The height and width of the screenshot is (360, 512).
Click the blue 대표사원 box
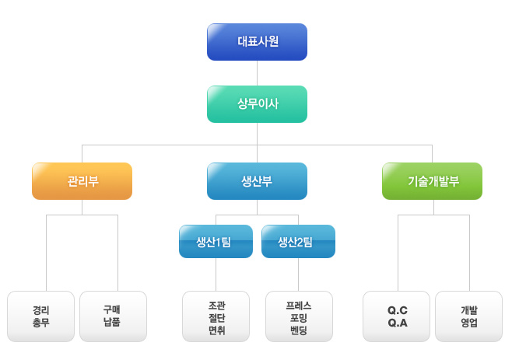pos(257,42)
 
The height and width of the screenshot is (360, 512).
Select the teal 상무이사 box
pos(257,104)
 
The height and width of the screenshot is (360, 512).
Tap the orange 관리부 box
pos(82,181)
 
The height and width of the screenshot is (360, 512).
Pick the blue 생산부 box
pos(257,181)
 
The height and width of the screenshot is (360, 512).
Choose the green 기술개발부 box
pos(432,181)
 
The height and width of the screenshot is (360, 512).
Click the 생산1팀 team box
pos(216,241)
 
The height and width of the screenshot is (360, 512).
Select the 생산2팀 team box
pos(298,241)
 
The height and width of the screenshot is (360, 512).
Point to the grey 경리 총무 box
pos(40,316)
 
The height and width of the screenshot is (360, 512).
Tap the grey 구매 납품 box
pos(113,316)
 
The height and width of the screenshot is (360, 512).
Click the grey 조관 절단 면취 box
pos(216,316)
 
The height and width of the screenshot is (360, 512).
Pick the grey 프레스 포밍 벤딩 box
pos(298,316)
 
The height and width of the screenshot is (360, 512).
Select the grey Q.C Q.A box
pos(397,316)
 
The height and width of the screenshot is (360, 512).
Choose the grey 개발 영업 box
pos(468,316)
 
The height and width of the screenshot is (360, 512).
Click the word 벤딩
pos(298,330)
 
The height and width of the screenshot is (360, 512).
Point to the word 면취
pos(216,330)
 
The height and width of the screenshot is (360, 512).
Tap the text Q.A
pos(397,323)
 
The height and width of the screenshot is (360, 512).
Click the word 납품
pos(112,323)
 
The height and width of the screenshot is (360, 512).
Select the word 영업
pos(468,323)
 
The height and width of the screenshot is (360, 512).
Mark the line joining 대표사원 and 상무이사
pos(257,73)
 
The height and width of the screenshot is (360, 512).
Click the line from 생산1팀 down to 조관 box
pos(216,274)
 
